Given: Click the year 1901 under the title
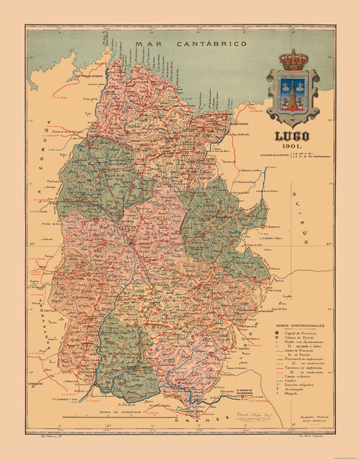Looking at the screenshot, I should tap(292, 147).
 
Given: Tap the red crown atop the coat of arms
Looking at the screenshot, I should tap(292, 59).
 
